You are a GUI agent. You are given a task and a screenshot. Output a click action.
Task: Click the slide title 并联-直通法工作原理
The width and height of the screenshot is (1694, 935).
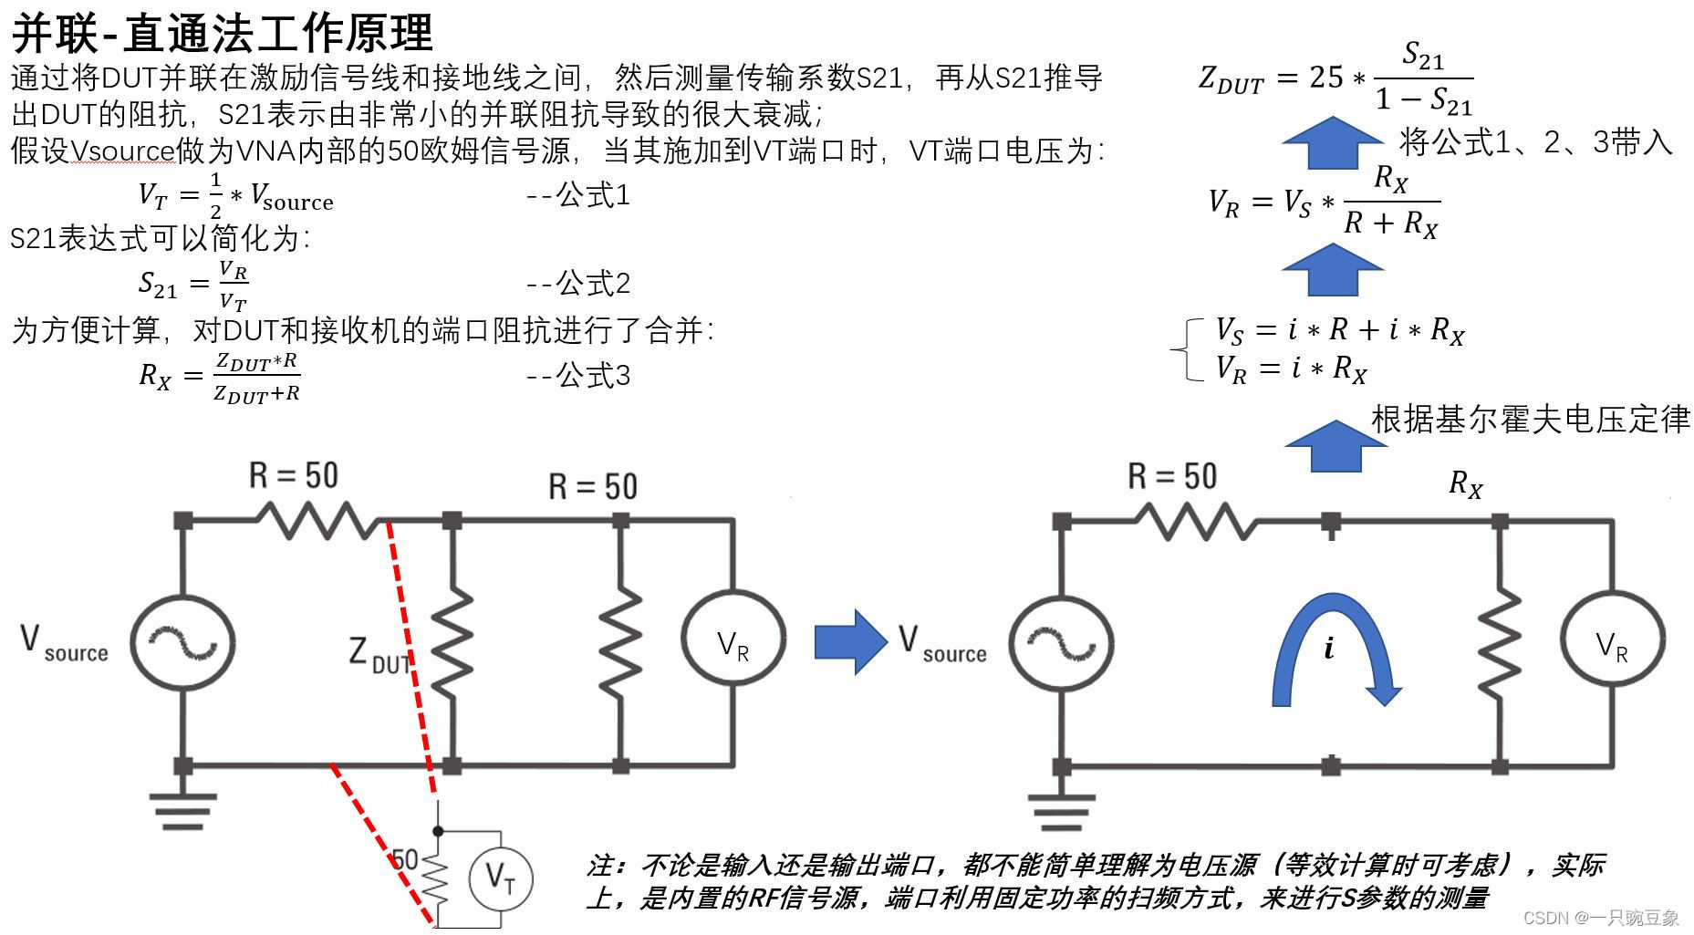point(222,33)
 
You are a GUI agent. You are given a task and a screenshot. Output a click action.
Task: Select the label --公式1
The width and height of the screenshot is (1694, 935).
point(577,195)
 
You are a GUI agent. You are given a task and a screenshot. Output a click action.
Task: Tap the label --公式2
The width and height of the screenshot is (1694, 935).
point(577,284)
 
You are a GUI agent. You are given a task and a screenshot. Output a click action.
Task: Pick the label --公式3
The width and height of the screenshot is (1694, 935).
point(577,375)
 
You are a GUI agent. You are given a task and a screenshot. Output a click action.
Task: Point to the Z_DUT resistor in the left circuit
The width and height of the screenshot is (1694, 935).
point(452,643)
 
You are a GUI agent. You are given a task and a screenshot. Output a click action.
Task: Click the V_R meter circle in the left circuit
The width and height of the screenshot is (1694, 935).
point(733,643)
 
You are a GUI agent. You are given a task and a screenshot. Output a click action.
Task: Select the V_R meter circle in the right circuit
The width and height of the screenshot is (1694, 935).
point(1612,644)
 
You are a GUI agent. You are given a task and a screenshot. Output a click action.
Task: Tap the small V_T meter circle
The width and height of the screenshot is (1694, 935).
point(500,878)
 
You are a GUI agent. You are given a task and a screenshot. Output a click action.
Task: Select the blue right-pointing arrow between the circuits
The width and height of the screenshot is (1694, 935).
point(850,642)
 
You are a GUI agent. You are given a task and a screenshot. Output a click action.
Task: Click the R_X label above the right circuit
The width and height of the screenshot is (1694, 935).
point(1465,483)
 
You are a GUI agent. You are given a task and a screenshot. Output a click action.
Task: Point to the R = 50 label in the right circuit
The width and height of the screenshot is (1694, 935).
point(1172,476)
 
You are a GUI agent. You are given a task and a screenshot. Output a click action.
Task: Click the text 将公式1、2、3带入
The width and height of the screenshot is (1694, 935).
point(1535,142)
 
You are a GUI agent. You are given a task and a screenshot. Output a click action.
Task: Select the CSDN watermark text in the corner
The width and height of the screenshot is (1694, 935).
point(1601,918)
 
